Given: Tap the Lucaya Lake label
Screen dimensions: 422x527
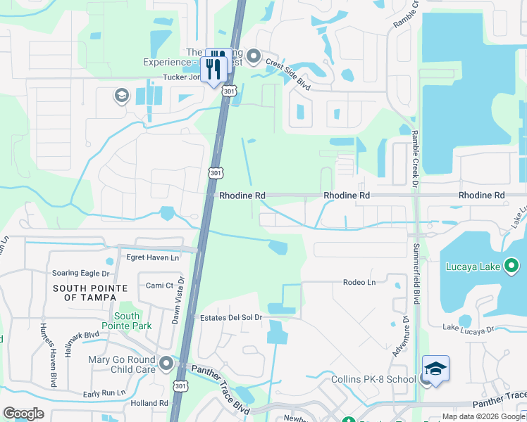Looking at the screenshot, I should (x=472, y=267).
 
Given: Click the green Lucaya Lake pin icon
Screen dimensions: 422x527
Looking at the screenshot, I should (x=512, y=266).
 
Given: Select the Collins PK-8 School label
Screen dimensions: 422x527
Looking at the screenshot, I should (x=374, y=380).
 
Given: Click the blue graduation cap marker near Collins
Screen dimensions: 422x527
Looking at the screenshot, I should (x=435, y=369).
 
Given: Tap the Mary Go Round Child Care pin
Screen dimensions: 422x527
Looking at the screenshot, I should (x=166, y=363).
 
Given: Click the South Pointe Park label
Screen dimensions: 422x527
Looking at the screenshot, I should (x=127, y=321).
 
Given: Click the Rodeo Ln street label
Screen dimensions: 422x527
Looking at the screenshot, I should (x=359, y=283).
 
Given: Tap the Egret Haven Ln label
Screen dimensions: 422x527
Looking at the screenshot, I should (x=152, y=258).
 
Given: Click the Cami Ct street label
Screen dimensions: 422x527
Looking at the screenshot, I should (x=159, y=285).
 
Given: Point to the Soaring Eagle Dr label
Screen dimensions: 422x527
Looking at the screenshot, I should (x=81, y=273).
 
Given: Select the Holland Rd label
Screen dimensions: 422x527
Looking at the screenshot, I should (x=149, y=404).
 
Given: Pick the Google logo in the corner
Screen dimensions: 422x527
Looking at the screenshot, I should (x=23, y=414).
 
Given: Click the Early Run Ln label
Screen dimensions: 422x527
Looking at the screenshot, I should (x=104, y=393).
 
